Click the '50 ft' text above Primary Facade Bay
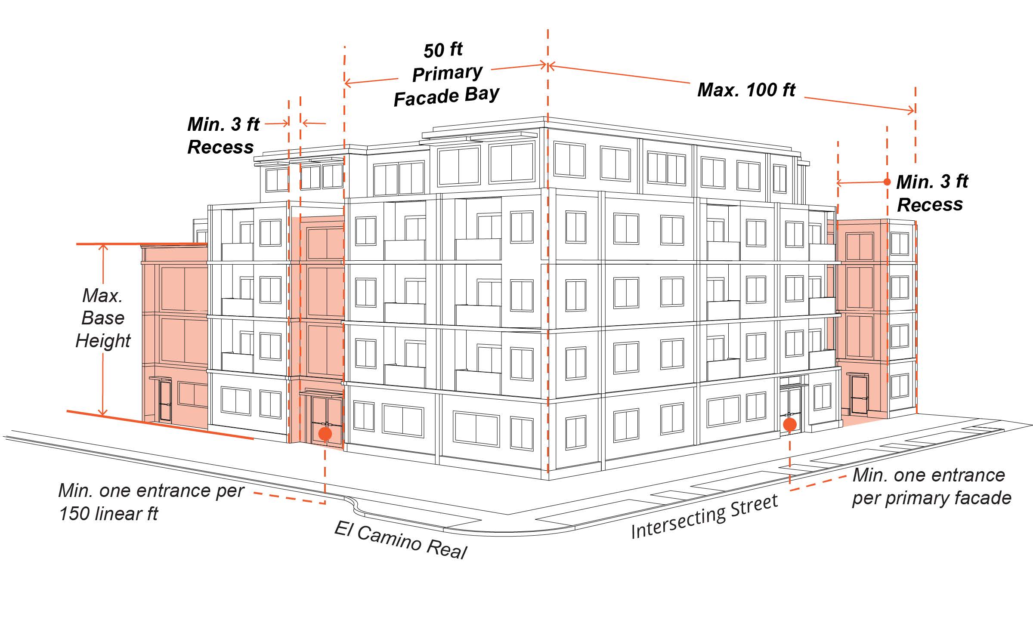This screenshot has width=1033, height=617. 443,50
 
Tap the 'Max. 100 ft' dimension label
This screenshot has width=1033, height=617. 746,90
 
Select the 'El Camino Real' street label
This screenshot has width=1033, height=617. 400,540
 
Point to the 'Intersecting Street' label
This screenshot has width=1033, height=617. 705,516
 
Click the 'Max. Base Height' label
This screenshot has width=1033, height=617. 103,318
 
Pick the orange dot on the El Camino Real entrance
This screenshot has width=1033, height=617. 325,433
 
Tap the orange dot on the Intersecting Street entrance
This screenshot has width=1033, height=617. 789,425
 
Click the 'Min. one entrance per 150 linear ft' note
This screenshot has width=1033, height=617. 151,502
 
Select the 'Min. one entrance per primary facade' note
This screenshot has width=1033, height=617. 931,486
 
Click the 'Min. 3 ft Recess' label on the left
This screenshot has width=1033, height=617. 223,136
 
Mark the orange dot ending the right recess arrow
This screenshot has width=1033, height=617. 887,182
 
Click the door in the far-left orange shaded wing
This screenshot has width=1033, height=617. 165,400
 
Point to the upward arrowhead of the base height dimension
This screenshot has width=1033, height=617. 103,247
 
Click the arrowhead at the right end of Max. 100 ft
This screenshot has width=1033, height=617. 912,111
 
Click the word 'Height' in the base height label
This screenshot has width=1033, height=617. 103,341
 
